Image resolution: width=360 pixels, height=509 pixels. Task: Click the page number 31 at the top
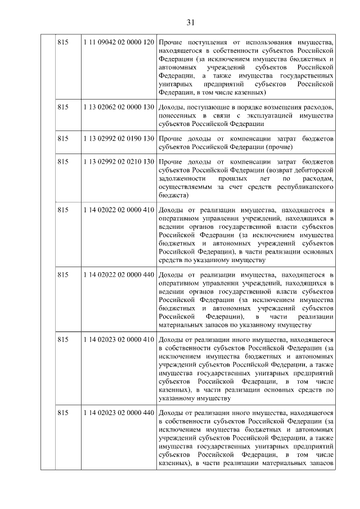[x=190, y=22]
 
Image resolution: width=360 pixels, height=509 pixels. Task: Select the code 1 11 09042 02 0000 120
[x=118, y=43]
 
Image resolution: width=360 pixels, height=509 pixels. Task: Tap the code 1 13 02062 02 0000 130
[x=118, y=107]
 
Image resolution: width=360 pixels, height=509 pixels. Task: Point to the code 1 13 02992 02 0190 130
[x=118, y=138]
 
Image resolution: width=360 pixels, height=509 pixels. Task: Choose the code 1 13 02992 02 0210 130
[x=118, y=161]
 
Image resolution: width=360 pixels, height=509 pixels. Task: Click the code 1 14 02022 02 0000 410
[x=118, y=210]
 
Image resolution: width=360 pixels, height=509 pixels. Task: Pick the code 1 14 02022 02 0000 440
[x=118, y=274]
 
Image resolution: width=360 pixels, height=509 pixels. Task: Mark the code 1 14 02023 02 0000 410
[x=118, y=340]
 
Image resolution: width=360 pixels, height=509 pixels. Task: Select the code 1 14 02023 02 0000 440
[x=118, y=413]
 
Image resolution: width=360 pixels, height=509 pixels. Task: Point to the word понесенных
[x=179, y=115]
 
